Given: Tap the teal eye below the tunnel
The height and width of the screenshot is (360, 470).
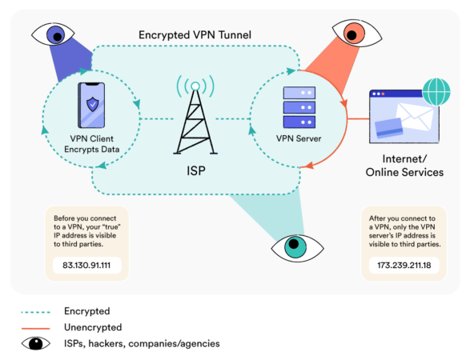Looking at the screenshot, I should [x=294, y=246].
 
